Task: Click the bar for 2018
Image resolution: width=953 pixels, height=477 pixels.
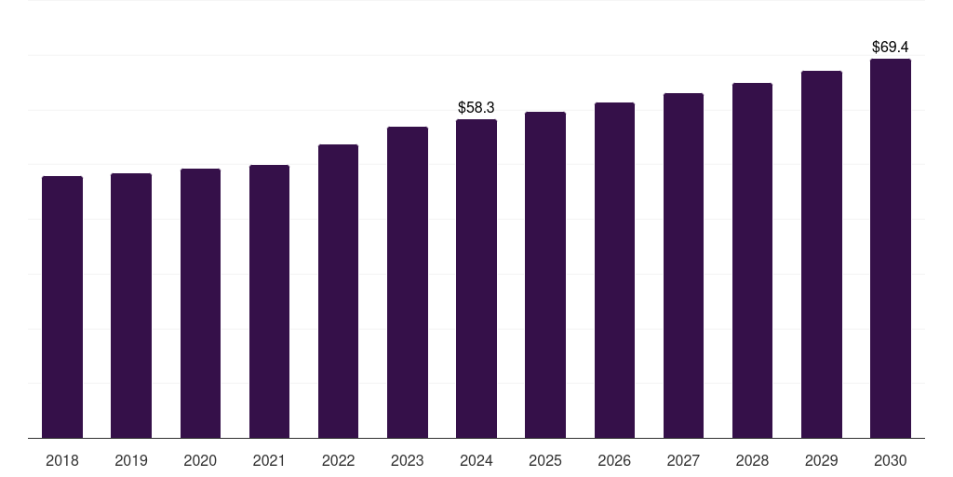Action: coord(62,307)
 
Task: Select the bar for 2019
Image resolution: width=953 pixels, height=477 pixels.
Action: coord(131,306)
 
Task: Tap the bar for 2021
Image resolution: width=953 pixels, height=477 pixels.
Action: coord(269,302)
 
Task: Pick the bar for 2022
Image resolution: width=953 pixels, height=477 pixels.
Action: coord(338,292)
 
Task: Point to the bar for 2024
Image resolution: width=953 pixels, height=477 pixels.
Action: coord(476,279)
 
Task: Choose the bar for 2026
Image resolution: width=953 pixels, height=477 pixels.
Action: coord(614,270)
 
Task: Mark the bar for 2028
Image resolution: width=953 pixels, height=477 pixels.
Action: coord(752,261)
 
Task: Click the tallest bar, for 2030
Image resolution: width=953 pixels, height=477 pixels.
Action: coord(891,248)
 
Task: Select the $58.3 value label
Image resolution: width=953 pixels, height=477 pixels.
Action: coord(476,108)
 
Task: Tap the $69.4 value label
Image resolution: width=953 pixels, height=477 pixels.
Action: coord(891,47)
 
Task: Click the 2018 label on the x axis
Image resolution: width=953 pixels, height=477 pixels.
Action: coord(62,460)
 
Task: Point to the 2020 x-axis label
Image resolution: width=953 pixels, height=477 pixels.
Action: coord(200,460)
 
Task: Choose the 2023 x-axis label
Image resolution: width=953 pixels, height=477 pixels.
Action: coord(408,460)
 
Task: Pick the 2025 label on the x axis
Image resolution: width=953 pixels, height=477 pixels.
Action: coord(545,460)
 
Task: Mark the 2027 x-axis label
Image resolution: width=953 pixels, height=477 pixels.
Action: coord(683,460)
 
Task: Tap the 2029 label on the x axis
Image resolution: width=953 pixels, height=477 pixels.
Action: coord(821,460)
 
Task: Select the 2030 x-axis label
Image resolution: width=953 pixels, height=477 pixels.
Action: coord(891,460)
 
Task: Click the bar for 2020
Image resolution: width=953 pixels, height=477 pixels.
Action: coord(200,304)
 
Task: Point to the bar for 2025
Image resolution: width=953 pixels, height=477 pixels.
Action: coord(545,275)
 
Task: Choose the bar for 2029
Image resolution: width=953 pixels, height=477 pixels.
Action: coord(822,254)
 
